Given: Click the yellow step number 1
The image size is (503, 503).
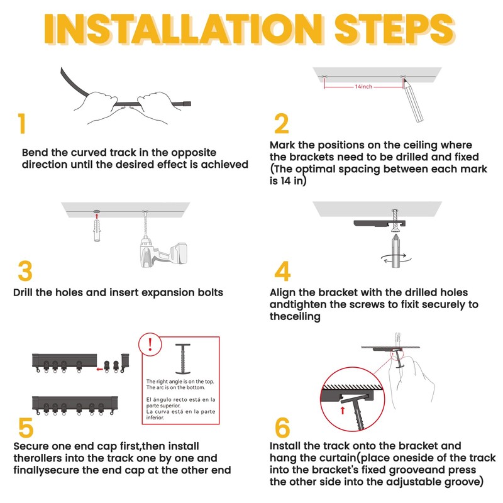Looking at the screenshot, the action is (x=21, y=123).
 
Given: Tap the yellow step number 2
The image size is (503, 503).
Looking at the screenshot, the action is (x=281, y=123).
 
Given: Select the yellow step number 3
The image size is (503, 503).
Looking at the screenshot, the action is (x=25, y=271).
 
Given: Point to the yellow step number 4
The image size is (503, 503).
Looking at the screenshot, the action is (x=282, y=271).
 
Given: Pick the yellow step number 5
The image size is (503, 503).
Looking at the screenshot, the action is (x=26, y=428).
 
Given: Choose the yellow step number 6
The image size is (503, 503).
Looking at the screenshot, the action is (x=282, y=428).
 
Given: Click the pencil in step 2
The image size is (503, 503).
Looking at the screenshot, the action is (x=413, y=100).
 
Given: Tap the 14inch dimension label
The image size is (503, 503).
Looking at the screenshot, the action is (x=363, y=87).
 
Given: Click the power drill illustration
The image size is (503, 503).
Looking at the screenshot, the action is (x=163, y=252).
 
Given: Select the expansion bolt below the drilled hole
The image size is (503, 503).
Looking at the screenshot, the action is (x=97, y=230).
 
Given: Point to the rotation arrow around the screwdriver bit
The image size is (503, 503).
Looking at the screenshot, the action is (x=396, y=258).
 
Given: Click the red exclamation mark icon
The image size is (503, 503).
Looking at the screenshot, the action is (x=150, y=344).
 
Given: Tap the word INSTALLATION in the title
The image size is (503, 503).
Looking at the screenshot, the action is (x=183, y=29).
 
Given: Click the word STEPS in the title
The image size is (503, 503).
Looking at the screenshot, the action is (x=395, y=29).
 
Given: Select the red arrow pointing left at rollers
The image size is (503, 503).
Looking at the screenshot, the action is (x=100, y=369).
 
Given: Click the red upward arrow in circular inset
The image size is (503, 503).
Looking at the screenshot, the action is (x=342, y=410).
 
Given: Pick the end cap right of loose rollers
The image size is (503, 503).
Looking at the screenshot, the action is (x=124, y=362).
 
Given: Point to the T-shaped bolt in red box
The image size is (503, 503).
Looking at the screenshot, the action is (x=183, y=358).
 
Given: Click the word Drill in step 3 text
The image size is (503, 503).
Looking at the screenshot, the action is (x=23, y=292).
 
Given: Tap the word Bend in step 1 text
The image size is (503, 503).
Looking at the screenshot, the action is (x=35, y=152).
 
